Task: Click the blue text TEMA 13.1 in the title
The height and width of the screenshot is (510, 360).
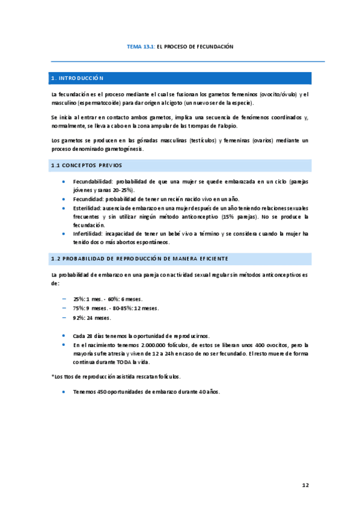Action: pos(141,46)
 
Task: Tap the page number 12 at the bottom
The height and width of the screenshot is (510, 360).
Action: pos(305,484)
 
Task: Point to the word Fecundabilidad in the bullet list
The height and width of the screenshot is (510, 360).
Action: pos(93,181)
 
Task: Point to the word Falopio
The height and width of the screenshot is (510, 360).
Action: pos(227,126)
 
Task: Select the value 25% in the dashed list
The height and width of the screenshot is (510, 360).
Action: pos(79,299)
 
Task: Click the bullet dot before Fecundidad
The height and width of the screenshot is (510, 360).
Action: pos(64,198)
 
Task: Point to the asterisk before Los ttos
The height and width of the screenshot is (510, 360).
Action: pos(52,376)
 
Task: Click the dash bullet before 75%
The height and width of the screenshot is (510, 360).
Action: pos(64,308)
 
